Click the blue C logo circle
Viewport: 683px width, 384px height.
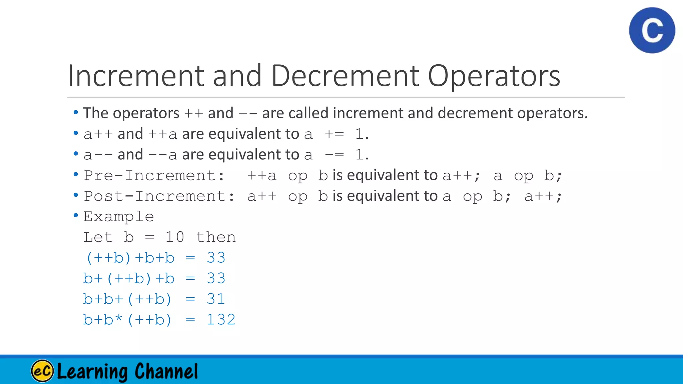(x=652, y=30)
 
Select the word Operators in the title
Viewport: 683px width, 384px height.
(x=494, y=76)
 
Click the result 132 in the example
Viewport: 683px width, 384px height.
(x=221, y=320)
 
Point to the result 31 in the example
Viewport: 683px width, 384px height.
(x=216, y=299)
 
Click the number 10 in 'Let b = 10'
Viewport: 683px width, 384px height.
(x=174, y=237)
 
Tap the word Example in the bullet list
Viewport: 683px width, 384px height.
(x=118, y=217)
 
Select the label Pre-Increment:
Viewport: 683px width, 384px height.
(x=154, y=176)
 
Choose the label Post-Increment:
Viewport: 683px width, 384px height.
(x=159, y=196)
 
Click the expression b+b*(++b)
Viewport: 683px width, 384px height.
(x=127, y=320)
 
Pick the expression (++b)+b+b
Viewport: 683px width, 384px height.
(x=130, y=258)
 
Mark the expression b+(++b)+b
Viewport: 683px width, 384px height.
(x=129, y=279)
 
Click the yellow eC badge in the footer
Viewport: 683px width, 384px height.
(x=42, y=371)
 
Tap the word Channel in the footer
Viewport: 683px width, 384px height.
(x=166, y=371)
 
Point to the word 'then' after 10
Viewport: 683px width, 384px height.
(x=216, y=237)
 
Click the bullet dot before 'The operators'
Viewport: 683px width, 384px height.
(x=76, y=113)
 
